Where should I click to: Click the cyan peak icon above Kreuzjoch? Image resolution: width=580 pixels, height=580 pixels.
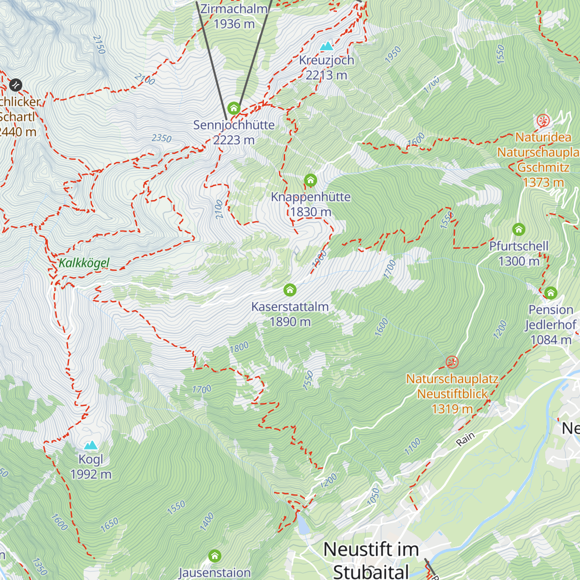point(327,46)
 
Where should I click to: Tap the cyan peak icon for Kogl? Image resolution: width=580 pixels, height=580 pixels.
point(90,445)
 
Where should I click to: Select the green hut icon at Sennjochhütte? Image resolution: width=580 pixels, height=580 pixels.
point(234,108)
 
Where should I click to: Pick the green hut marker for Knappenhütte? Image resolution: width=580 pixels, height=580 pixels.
point(310,181)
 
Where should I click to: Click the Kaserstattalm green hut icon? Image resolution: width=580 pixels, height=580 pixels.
point(290,290)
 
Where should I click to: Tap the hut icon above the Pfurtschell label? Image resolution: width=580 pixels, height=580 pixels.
point(519,229)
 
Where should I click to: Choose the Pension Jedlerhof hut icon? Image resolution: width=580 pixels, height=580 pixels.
point(551,293)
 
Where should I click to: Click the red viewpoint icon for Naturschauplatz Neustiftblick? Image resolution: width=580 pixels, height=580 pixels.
point(452,362)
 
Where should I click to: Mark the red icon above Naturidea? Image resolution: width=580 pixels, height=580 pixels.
point(543,121)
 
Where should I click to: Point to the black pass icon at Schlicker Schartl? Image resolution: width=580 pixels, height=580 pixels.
point(15,85)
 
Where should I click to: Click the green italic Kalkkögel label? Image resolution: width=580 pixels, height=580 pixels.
point(84,263)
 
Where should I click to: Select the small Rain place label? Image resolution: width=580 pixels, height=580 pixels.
point(465,438)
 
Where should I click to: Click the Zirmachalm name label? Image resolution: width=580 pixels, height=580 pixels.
point(234,9)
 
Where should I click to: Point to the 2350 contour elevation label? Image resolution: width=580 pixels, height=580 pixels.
point(161,138)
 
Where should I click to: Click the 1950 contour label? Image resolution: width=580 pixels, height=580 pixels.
point(393,54)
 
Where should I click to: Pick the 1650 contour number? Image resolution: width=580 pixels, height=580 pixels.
point(109,525)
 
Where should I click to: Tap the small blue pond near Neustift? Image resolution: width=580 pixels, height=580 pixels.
point(303,524)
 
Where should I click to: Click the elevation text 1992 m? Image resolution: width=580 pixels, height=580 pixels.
point(91,474)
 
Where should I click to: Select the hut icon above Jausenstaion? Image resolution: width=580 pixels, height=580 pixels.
point(215,556)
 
